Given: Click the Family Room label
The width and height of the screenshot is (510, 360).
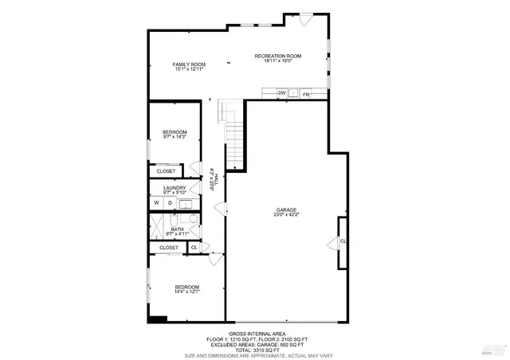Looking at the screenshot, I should point(190,67).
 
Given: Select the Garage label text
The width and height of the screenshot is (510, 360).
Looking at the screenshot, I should point(286,212).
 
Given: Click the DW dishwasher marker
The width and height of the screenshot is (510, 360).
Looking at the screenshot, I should point(281,94).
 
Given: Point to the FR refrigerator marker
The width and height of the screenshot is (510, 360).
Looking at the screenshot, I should point(305,94).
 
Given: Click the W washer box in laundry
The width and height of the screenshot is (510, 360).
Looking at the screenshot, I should point(157,203).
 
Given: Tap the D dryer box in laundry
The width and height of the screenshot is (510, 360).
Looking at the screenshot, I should point(169,203).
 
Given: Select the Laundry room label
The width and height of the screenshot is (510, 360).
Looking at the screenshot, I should point(174,190).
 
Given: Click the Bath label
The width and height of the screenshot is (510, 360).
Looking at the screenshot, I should point(177,231).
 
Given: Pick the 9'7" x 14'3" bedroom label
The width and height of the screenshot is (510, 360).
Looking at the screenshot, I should point(174,135).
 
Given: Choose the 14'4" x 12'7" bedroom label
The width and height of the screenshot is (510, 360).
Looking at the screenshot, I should point(187,289).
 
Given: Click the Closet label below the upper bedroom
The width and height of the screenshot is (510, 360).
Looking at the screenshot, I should point(166,170).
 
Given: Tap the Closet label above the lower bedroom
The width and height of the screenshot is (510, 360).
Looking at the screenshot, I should point(169,248).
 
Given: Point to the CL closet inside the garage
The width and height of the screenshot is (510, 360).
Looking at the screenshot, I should point(343,241).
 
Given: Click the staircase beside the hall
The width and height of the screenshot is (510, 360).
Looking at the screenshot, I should point(233,135).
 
